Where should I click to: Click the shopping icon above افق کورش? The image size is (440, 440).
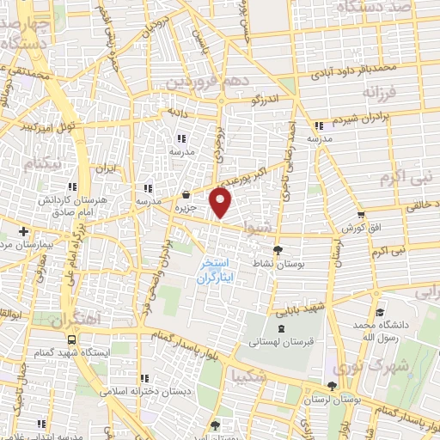click(x=361, y=215)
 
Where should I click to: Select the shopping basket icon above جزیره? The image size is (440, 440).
click(x=186, y=195)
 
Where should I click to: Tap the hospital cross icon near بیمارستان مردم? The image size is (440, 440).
click(x=23, y=230)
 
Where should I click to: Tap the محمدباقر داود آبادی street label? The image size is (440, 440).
click(x=355, y=66)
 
